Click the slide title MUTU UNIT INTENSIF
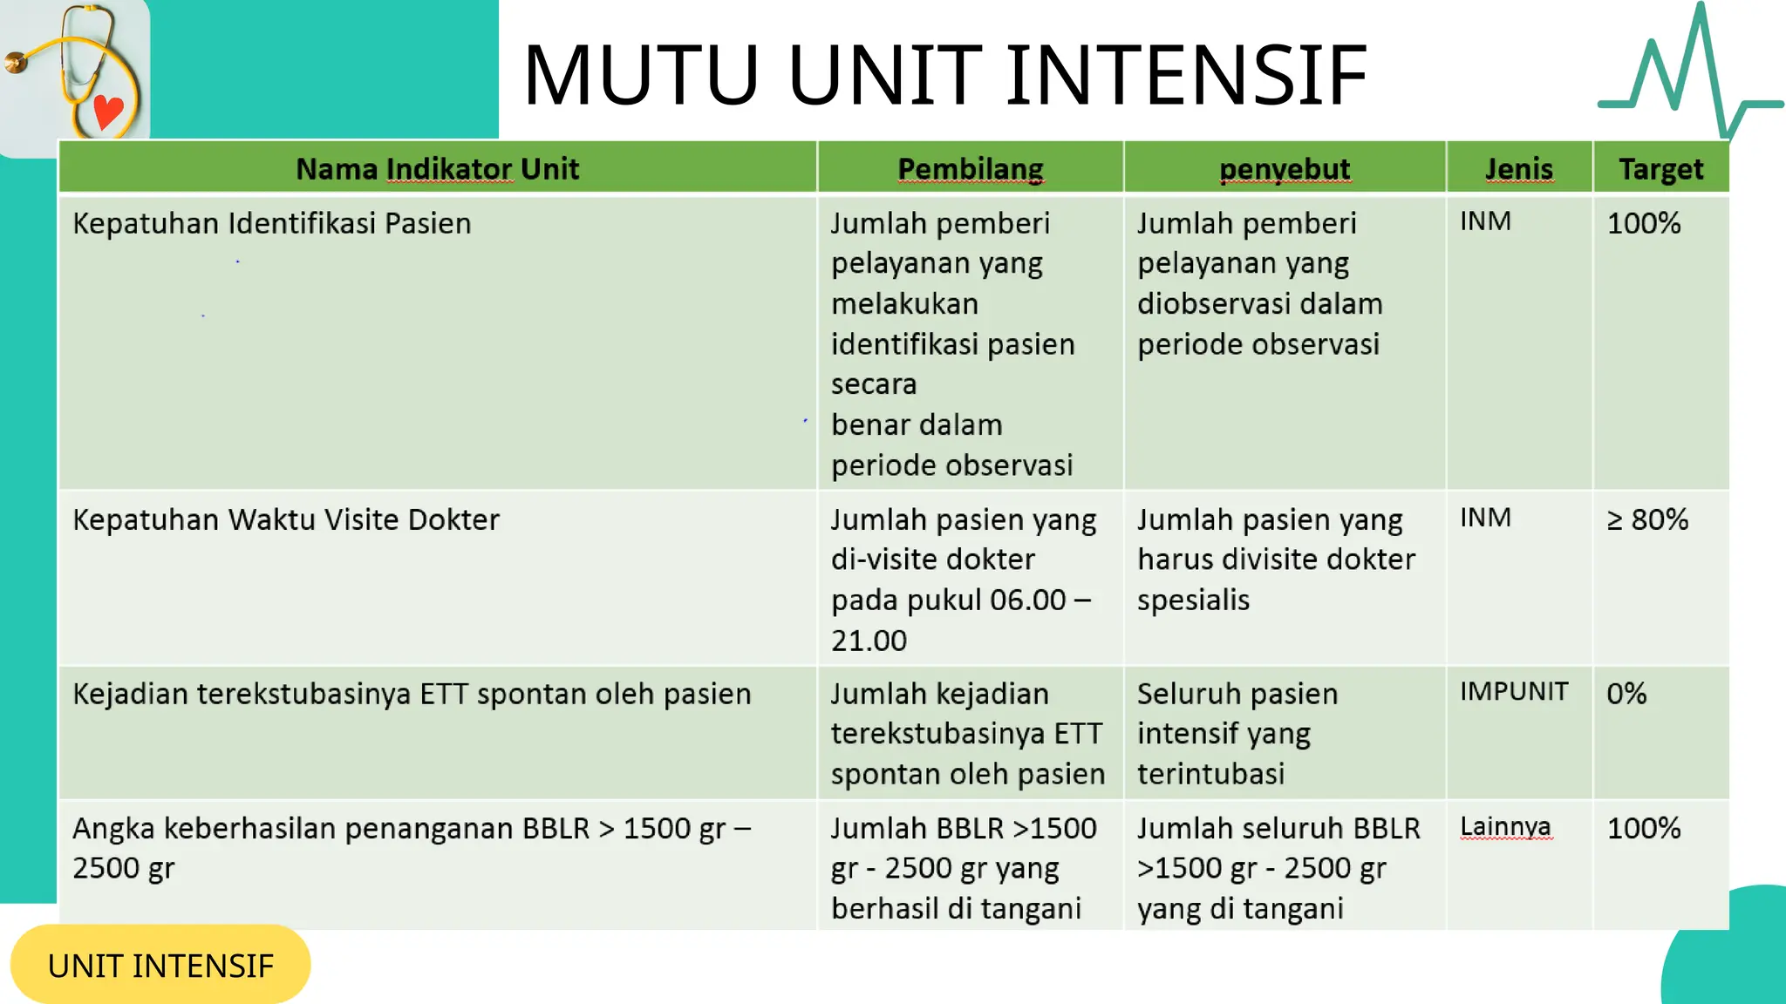(944, 75)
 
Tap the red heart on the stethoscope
(108, 112)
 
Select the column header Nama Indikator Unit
(437, 168)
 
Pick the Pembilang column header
(970, 168)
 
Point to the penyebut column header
(1284, 168)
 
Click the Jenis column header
(1519, 168)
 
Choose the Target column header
(1660, 168)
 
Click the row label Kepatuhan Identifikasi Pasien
(271, 223)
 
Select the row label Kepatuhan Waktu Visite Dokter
(285, 519)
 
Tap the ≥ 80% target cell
(1647, 519)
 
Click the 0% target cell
(1626, 694)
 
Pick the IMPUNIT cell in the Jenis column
(1514, 691)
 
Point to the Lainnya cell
(1505, 826)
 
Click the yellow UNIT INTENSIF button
(160, 965)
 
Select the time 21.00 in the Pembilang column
(869, 641)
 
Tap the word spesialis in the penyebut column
(1193, 600)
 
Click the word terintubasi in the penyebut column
(1210, 774)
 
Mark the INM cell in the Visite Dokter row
(1485, 518)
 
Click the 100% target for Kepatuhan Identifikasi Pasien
(1643, 223)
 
